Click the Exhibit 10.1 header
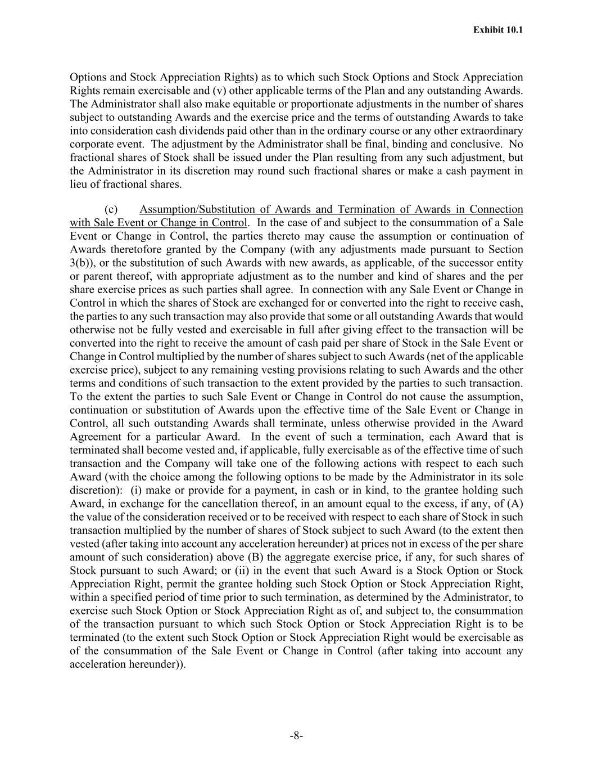tap(498, 29)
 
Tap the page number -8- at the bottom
tap(296, 736)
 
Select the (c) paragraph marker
tap(111, 209)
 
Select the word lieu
tap(79, 185)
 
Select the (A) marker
tap(515, 504)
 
